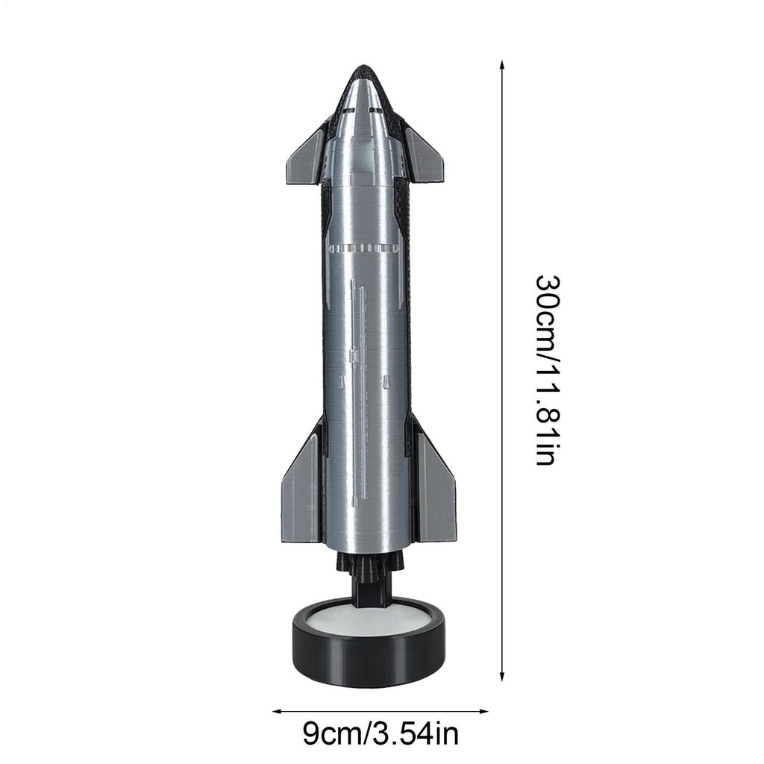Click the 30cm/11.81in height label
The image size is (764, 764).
(x=548, y=370)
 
